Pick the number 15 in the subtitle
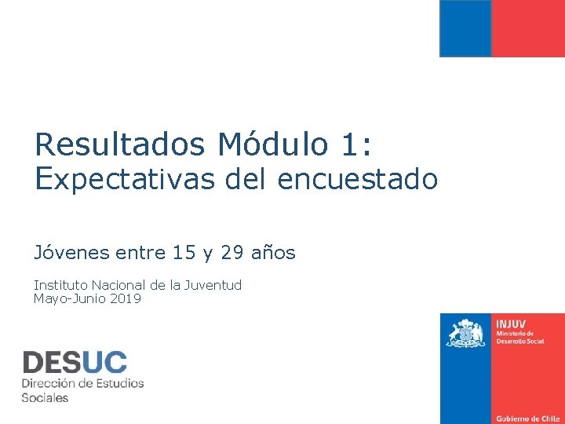pyautogui.click(x=184, y=253)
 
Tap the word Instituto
pyautogui.click(x=60, y=285)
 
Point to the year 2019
pyautogui.click(x=126, y=298)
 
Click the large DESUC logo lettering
pyautogui.click(x=75, y=362)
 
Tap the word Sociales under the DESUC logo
pyautogui.click(x=45, y=397)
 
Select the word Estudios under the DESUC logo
pyautogui.click(x=118, y=383)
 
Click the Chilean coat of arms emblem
pyautogui.click(x=466, y=333)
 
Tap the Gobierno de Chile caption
pyautogui.click(x=527, y=419)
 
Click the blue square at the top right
pyautogui.click(x=465, y=27)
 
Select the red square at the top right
pyautogui.click(x=528, y=27)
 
